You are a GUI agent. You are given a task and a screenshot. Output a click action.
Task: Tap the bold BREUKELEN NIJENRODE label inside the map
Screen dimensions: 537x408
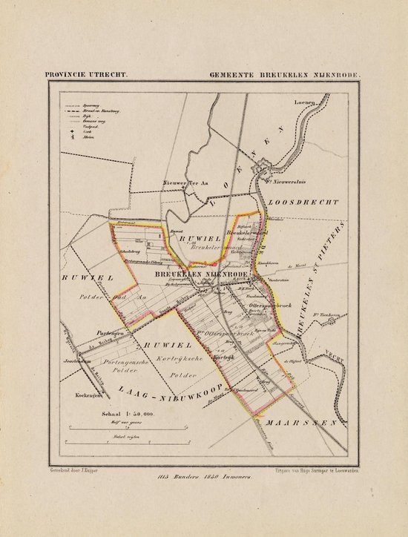coord(203,274)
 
